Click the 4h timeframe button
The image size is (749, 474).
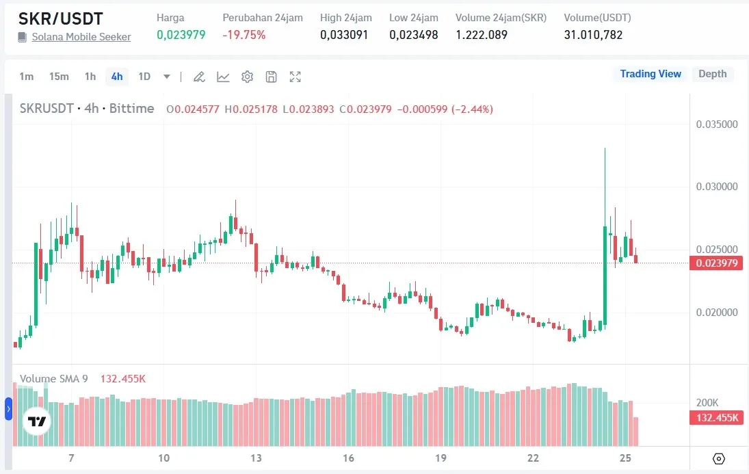[x=117, y=77]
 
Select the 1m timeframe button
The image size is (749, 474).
[x=26, y=77]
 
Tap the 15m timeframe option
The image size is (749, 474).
[x=59, y=77]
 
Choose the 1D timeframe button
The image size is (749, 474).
[x=144, y=77]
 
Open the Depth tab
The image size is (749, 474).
[x=712, y=74]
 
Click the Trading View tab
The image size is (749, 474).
[x=651, y=74]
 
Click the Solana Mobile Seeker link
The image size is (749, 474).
[x=81, y=37]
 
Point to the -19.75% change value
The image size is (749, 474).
[x=244, y=35]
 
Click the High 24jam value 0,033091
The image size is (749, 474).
[x=344, y=35]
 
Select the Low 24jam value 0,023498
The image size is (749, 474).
[x=413, y=35]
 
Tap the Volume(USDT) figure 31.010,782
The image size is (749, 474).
[x=593, y=35]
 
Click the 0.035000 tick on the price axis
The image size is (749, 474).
[x=716, y=124]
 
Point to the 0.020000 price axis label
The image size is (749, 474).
[x=716, y=313]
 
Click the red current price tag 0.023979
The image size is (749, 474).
[x=716, y=263]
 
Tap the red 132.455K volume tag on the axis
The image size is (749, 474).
[x=716, y=418]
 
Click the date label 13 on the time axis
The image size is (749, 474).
[x=257, y=458]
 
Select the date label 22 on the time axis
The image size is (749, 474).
[x=534, y=458]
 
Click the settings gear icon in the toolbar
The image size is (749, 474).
[x=247, y=77]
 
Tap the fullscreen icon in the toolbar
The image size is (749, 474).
[x=295, y=77]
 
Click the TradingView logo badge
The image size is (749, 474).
[x=36, y=421]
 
